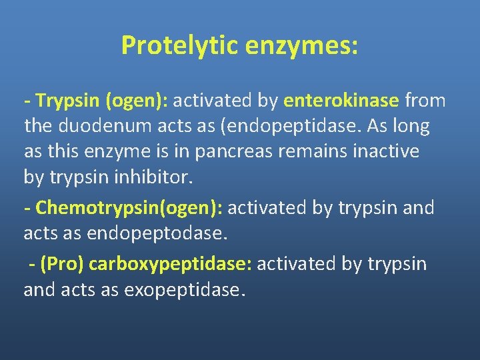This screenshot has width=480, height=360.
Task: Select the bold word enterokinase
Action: [x=341, y=101]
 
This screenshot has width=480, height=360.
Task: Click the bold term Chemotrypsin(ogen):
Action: [x=129, y=208]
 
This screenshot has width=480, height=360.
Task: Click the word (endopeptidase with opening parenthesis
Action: [x=264, y=126]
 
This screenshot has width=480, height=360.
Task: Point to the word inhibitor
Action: [x=158, y=177]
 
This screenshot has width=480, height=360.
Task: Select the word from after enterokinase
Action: [x=425, y=101]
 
